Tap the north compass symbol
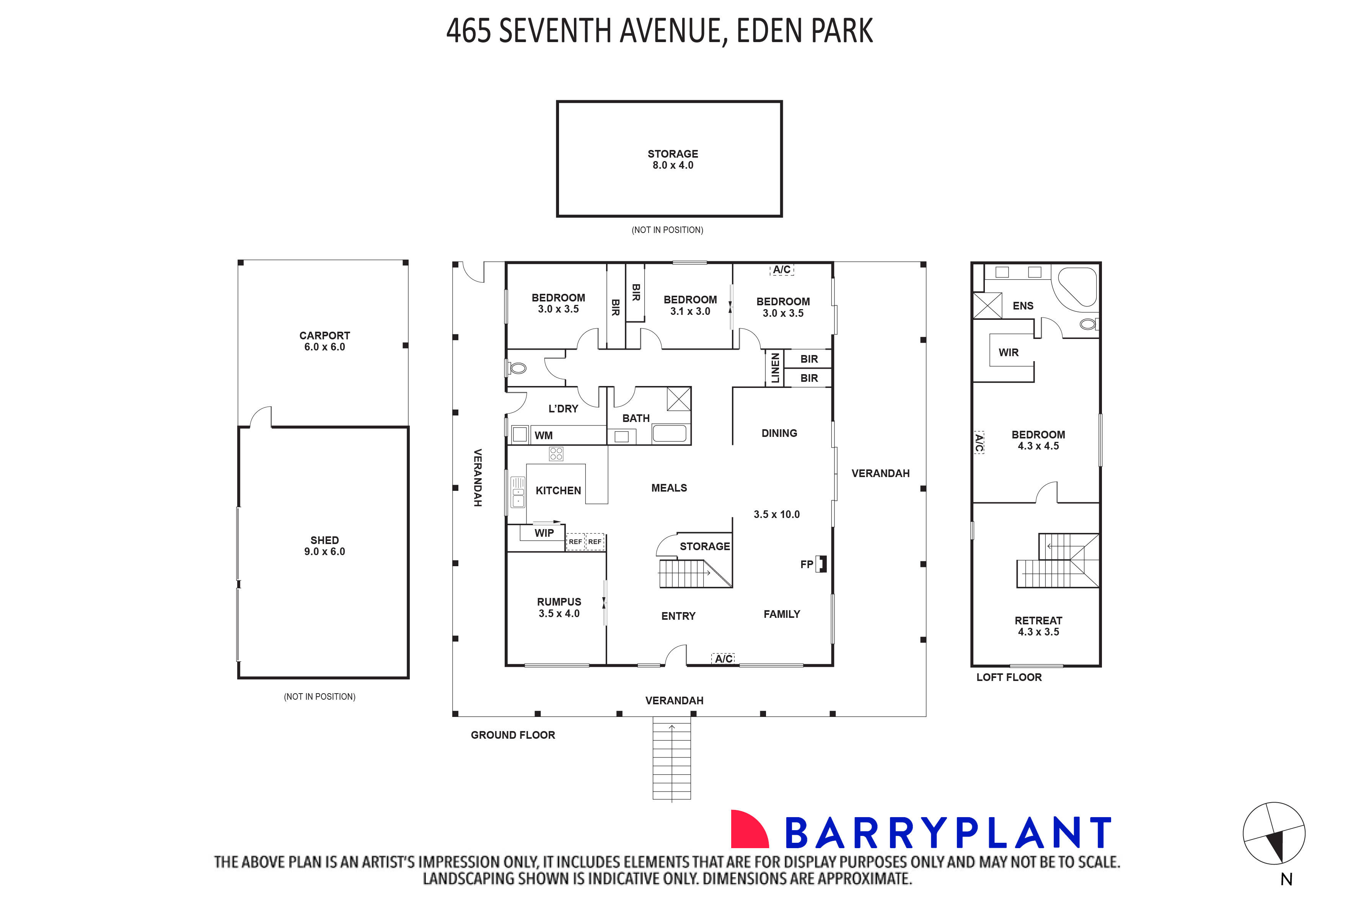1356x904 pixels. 1274,834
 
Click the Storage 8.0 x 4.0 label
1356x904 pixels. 672,159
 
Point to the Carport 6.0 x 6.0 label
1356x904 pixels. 324,341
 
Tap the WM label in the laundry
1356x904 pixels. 543,435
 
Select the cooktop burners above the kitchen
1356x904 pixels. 556,454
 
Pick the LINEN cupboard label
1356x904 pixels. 775,368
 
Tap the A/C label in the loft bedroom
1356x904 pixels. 979,442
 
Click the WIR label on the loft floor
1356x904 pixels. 1008,352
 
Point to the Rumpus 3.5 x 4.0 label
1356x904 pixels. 559,607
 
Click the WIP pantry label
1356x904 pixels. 544,533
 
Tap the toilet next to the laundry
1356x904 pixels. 517,368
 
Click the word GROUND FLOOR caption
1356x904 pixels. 513,735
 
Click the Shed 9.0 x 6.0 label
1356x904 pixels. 324,546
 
